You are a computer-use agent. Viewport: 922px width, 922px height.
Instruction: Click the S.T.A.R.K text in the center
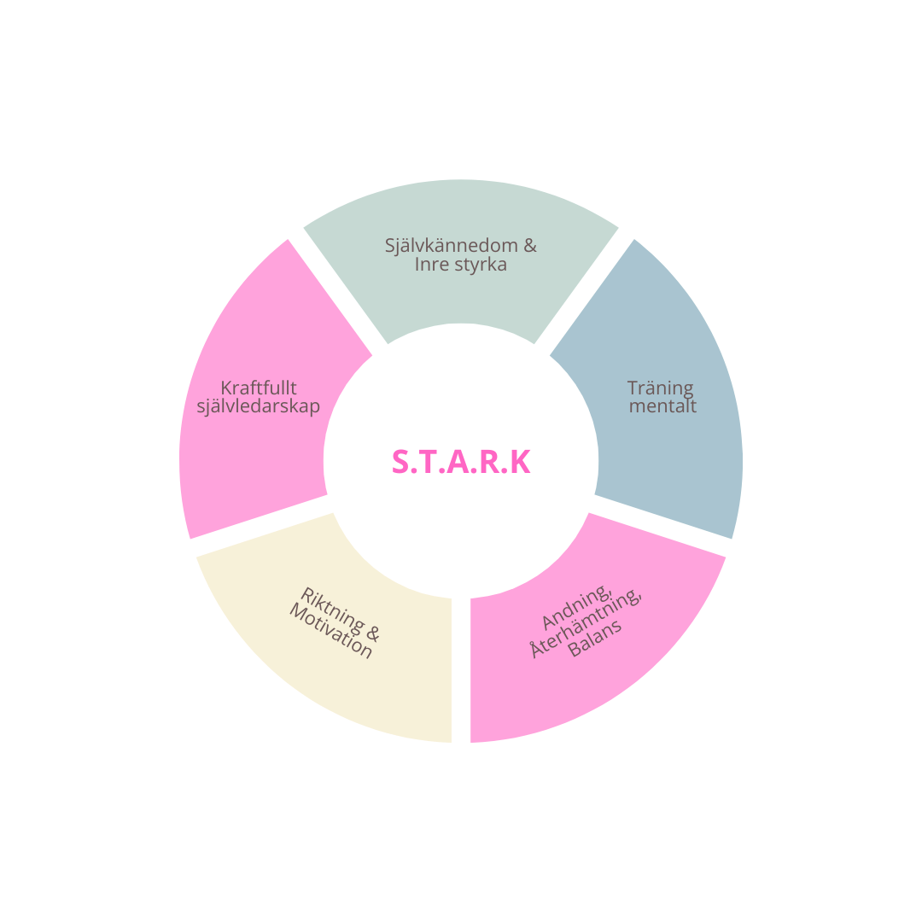(x=461, y=462)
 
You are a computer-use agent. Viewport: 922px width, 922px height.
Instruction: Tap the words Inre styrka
(x=461, y=265)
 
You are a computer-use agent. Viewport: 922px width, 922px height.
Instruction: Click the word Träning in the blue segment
(x=661, y=388)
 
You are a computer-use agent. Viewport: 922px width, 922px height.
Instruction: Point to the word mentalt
(x=662, y=406)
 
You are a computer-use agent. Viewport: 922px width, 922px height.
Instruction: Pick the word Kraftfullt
(x=259, y=388)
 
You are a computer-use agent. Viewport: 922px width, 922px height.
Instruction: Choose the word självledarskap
(x=259, y=406)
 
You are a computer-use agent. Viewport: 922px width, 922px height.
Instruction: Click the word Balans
(x=595, y=638)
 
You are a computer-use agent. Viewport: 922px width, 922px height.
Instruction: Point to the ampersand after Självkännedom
(x=529, y=246)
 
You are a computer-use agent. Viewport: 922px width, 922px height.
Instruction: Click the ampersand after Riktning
(x=372, y=633)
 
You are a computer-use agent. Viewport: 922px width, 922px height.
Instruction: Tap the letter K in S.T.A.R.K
(x=521, y=462)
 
